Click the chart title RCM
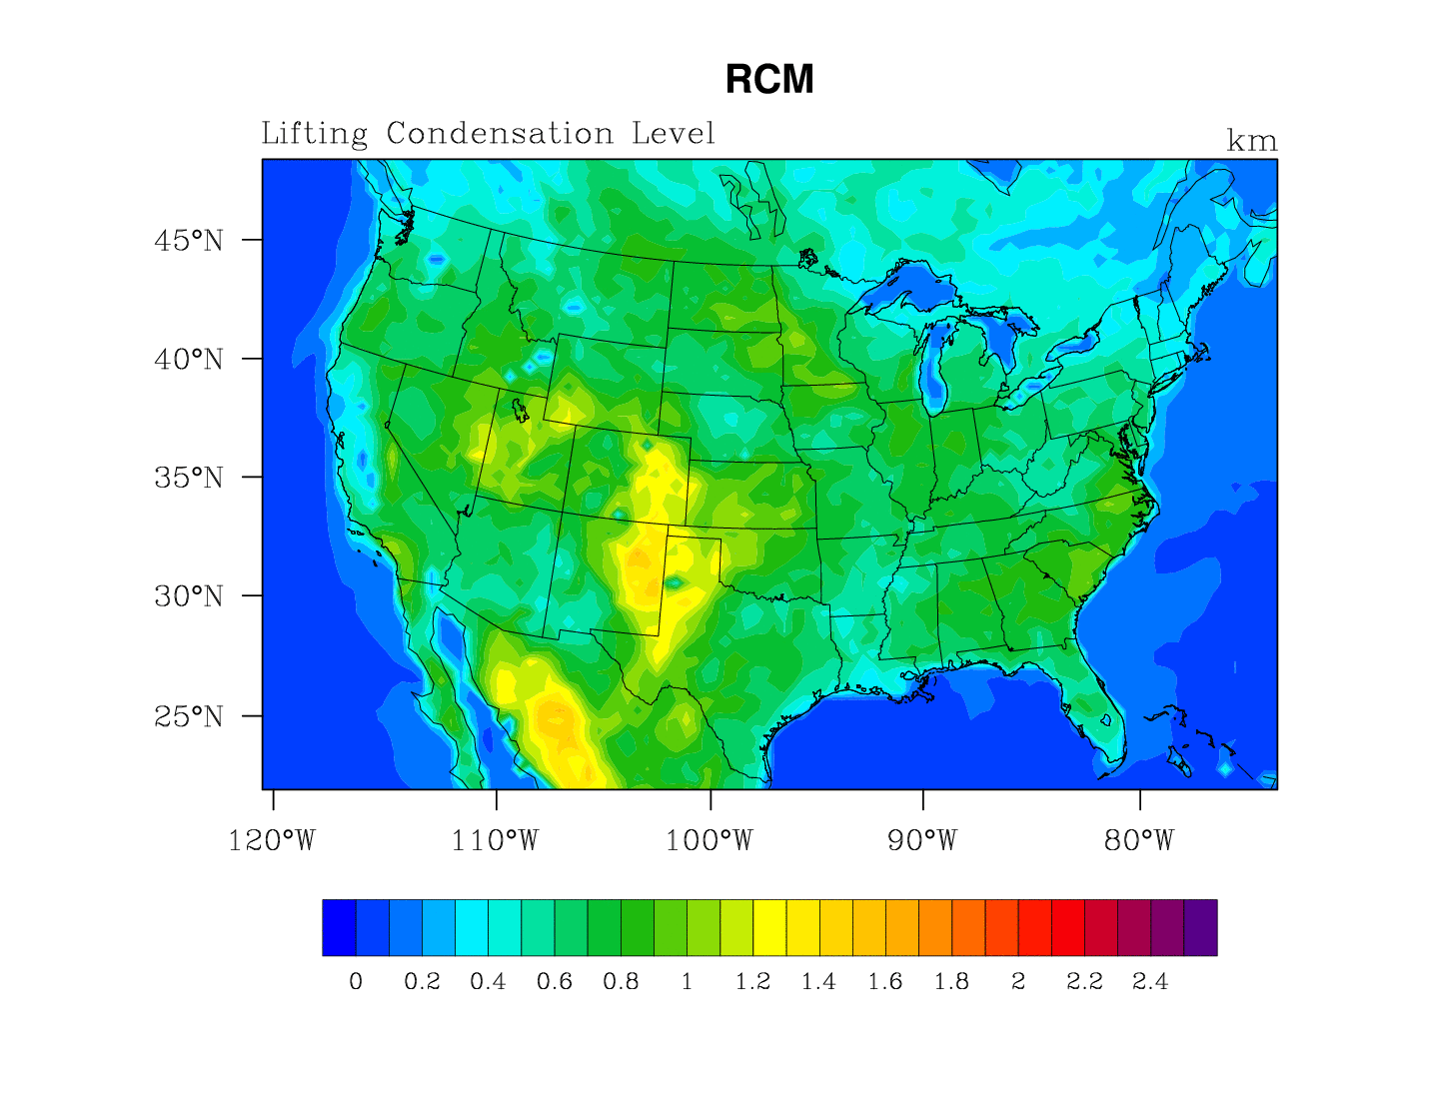point(769,80)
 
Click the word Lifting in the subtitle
point(314,134)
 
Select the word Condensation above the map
point(500,134)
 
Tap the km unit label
point(1251,142)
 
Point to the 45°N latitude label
point(189,241)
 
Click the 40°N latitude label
point(189,360)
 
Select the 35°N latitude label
point(189,478)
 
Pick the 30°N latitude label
point(189,596)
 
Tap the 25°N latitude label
point(189,716)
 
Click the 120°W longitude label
point(272,841)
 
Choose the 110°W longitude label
point(495,841)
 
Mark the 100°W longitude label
point(710,841)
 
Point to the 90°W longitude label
point(922,841)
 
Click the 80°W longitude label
point(1139,841)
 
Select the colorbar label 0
point(356,982)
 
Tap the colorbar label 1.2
point(752,982)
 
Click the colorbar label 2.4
point(1150,982)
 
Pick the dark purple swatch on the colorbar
point(1200,927)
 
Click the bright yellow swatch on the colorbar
point(769,927)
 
